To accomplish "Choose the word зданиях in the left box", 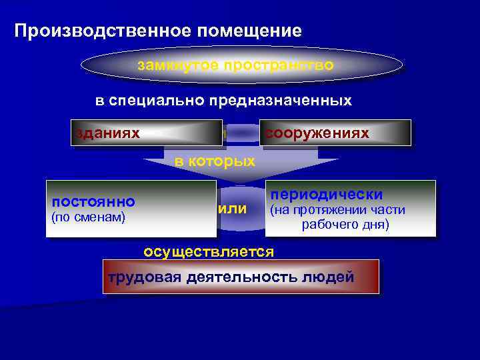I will pos(107,133).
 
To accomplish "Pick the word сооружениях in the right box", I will pos(317,133).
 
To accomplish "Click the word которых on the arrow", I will pos(224,161).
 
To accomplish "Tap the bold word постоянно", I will pos(94,201).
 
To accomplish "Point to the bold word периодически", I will pos(325,195).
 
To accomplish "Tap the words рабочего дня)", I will pos(345,225).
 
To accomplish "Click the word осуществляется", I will pos(209,251).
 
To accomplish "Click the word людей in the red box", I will pos(331,277).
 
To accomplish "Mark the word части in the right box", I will pos(390,211).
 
